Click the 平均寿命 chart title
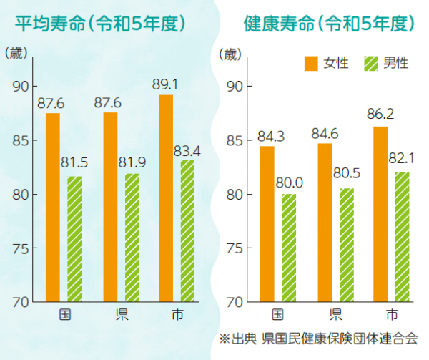101,23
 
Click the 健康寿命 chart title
329,23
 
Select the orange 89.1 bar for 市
166,198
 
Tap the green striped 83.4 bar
187,230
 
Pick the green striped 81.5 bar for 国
74,239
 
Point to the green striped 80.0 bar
289,248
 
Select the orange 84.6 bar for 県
325,222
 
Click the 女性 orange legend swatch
311,63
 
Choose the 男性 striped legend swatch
371,63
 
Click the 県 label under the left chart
121,315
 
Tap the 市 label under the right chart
391,315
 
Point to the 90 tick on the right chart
235,87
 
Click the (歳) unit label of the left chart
16,53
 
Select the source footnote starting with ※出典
318,337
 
